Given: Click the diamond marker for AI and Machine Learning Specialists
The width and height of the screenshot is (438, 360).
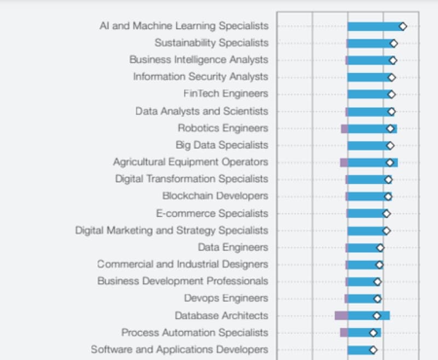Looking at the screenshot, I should [x=402, y=26].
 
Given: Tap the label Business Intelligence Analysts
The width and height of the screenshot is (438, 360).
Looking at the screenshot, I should [x=199, y=60].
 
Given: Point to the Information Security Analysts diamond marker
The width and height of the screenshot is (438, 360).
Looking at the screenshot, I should [x=391, y=77].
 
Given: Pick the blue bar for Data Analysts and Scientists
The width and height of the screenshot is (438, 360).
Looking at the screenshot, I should [x=368, y=112].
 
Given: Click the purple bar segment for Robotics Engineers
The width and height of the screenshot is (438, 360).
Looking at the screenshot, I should [x=344, y=129].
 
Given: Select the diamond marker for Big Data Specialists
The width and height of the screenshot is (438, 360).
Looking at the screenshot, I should [x=390, y=146].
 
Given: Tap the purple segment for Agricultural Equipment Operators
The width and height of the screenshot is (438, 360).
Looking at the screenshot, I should [x=344, y=162].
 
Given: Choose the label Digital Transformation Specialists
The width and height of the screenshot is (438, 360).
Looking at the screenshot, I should [x=192, y=179].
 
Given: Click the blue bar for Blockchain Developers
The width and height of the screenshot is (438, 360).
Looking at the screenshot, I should [x=367, y=196].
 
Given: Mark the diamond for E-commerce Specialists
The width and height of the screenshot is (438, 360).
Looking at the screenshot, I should [x=386, y=213].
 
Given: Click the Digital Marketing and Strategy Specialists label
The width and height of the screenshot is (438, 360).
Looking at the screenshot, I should [x=172, y=230].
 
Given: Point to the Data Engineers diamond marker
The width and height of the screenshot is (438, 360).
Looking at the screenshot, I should [x=380, y=248].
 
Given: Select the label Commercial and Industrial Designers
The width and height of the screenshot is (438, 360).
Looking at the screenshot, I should [x=183, y=264].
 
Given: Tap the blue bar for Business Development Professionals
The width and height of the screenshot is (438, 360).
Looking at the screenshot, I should [x=361, y=282].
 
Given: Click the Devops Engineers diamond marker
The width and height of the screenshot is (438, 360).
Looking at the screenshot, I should [x=377, y=299].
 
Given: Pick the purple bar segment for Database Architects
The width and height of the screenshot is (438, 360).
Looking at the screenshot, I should [x=341, y=316].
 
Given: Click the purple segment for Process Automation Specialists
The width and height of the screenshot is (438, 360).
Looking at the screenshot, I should [x=344, y=333].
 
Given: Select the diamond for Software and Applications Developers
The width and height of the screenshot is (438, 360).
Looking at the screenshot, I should [x=373, y=350].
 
